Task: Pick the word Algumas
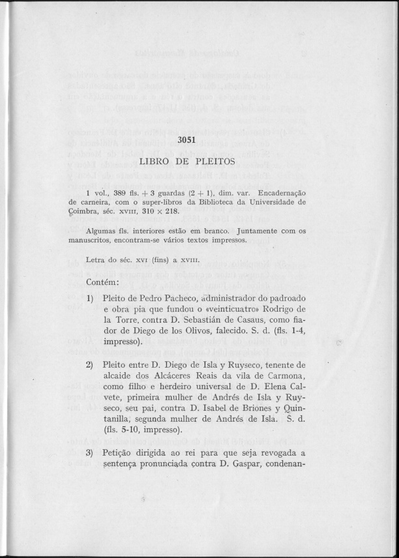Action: pyautogui.click(x=101, y=231)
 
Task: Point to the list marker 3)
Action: pyautogui.click(x=91, y=454)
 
